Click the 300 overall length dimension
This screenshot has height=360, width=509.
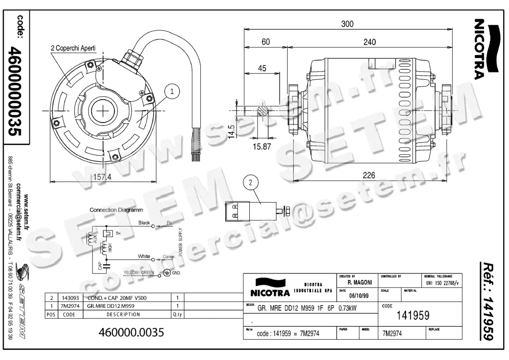click(x=347, y=24)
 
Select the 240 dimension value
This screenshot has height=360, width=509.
click(x=369, y=42)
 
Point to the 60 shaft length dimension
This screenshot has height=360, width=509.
click(x=266, y=42)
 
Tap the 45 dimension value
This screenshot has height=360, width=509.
click(x=262, y=68)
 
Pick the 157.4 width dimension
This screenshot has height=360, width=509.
click(x=102, y=177)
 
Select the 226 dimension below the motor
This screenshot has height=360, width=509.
click(x=369, y=175)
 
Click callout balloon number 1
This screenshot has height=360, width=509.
click(x=172, y=91)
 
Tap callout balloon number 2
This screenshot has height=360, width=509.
click(x=251, y=183)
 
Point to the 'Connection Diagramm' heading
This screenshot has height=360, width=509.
click(x=116, y=210)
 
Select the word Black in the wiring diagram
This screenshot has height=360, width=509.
click(x=144, y=223)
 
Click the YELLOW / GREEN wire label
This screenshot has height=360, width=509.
click(x=139, y=272)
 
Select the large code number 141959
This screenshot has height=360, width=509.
click(x=412, y=315)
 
